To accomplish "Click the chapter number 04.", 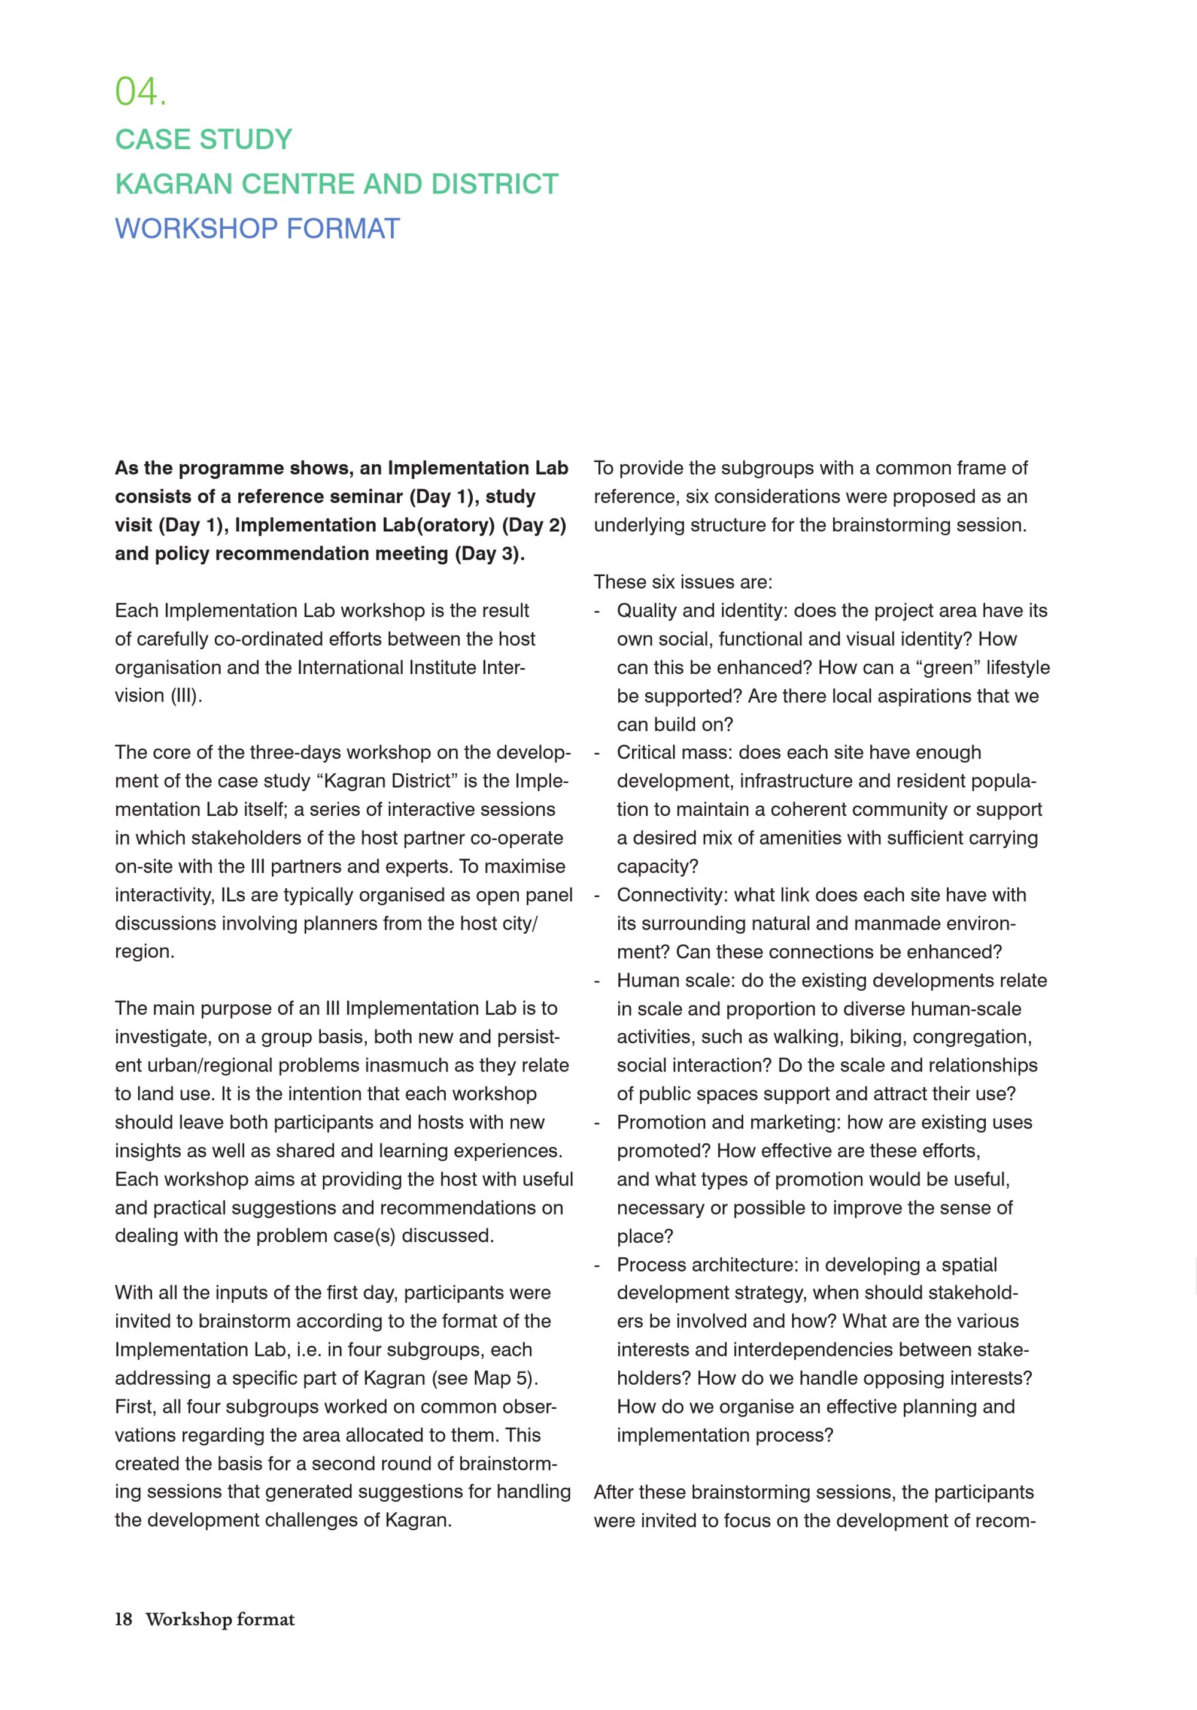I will [140, 92].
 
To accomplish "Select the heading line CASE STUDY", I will [203, 140].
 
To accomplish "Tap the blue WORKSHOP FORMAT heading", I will [257, 229].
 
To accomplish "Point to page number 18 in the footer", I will [123, 1619].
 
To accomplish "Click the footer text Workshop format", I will [220, 1619].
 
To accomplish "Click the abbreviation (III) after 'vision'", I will [186, 695].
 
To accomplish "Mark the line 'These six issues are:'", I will [683, 582].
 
